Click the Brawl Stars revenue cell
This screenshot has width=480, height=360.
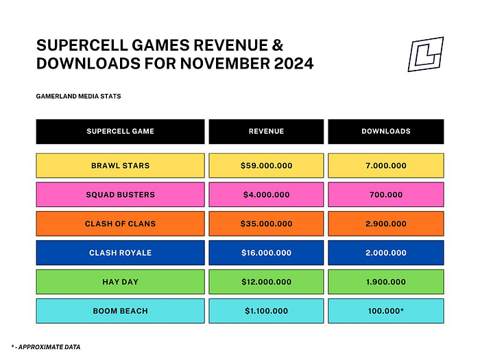pyautogui.click(x=266, y=166)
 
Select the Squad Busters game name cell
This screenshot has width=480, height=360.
pyautogui.click(x=120, y=195)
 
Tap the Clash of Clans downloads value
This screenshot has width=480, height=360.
pyautogui.click(x=385, y=224)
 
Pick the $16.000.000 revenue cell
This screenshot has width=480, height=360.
pyautogui.click(x=266, y=253)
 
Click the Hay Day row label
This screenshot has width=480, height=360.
pyautogui.click(x=120, y=282)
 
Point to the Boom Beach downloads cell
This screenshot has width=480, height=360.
pyautogui.click(x=385, y=311)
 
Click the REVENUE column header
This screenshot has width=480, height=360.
pyautogui.click(x=266, y=132)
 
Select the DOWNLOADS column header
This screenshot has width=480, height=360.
pyautogui.click(x=385, y=132)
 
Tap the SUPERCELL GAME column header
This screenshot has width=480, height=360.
pyautogui.click(x=120, y=132)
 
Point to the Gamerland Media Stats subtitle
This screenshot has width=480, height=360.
pyautogui.click(x=78, y=97)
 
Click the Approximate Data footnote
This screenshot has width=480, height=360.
pyautogui.click(x=46, y=347)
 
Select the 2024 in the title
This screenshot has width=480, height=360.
pyautogui.click(x=293, y=64)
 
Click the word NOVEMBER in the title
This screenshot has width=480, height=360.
pyautogui.click(x=225, y=64)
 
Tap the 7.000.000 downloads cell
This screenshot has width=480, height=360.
pyautogui.click(x=385, y=166)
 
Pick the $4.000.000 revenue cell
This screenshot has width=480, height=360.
pyautogui.click(x=266, y=195)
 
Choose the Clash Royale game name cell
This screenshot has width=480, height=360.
pyautogui.click(x=120, y=253)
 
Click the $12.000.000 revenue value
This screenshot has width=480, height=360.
pyautogui.click(x=266, y=282)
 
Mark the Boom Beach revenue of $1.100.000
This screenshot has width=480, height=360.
pyautogui.click(x=266, y=311)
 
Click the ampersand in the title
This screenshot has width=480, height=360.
pyautogui.click(x=277, y=45)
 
